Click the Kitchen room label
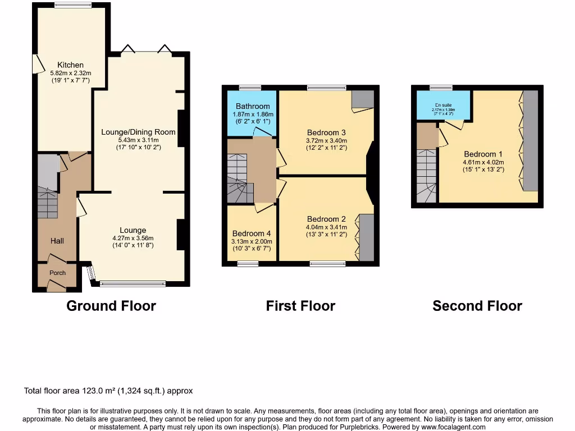[71, 65]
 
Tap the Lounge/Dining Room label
[138, 132]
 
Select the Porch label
[57, 273]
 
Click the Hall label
[57, 241]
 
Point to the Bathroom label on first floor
[253, 106]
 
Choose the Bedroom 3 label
[326, 133]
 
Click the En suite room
[443, 106]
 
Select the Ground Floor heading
[111, 306]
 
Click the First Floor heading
[300, 306]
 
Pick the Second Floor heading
[477, 306]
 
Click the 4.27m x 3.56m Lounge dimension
[133, 237]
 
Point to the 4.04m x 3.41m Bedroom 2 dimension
[326, 227]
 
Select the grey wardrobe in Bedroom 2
[367, 237]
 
